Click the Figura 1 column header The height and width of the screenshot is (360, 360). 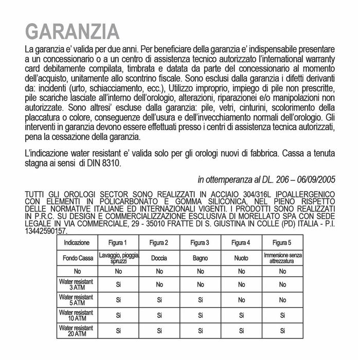(117, 243)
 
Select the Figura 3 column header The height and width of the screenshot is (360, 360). (200, 243)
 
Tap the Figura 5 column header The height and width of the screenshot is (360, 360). (282, 243)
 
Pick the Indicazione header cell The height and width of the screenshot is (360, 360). (77, 243)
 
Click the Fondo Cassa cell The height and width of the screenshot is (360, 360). (77, 258)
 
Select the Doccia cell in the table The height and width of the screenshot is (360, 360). (158, 258)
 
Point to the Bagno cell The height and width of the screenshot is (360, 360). (200, 258)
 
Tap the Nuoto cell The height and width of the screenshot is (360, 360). (241, 258)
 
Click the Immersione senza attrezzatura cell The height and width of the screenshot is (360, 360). (282, 258)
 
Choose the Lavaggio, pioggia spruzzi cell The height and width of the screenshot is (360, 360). (117, 258)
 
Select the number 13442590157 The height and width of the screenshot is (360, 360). (45, 231)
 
